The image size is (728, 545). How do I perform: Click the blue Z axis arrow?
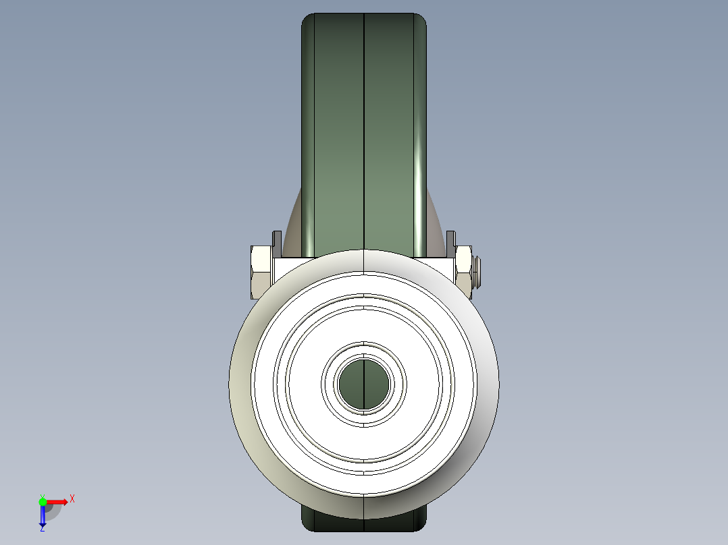43,517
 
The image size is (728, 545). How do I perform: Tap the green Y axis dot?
43,501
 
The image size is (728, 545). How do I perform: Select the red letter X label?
72,499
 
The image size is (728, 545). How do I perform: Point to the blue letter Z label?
42,529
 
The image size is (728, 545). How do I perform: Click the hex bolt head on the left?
261,272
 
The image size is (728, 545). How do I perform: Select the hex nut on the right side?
465,272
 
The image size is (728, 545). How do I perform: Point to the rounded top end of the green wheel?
364,20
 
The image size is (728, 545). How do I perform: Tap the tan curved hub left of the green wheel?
294,229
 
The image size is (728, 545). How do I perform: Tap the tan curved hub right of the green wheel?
436,229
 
